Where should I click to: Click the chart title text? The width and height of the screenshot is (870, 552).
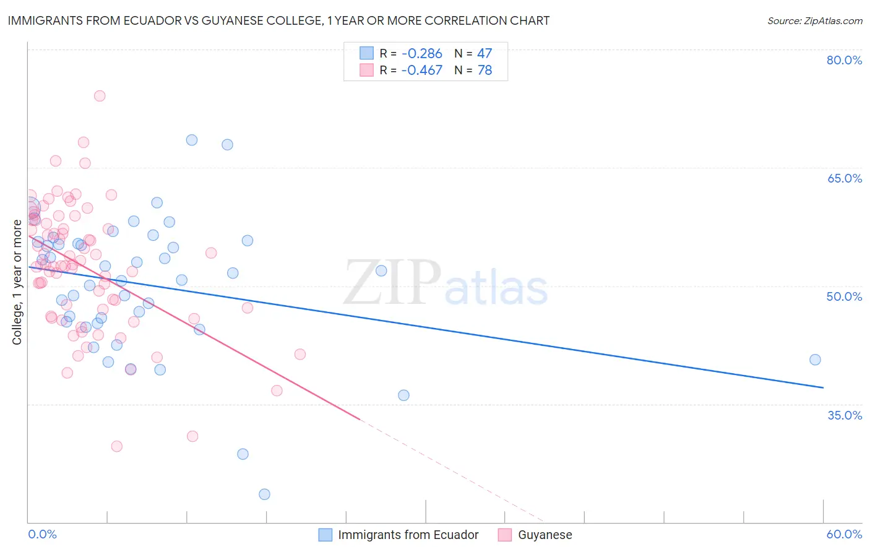(278, 20)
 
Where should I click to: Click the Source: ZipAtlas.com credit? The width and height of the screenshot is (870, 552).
(814, 20)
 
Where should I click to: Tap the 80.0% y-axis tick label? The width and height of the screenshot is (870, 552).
(844, 60)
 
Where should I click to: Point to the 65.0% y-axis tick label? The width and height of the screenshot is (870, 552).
(844, 178)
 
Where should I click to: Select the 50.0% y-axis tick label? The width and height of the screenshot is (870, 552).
(844, 296)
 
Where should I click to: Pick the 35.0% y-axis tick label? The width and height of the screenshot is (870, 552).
(844, 415)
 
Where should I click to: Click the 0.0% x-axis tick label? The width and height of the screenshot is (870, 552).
(42, 534)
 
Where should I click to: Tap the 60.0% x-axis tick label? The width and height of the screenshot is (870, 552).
(844, 534)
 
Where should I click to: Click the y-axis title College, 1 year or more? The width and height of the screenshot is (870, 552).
(17, 282)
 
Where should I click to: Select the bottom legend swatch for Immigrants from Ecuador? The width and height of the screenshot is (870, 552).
(325, 535)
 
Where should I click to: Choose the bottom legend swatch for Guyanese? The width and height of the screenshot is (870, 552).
(505, 535)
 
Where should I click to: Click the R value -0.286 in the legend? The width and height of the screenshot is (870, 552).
(421, 53)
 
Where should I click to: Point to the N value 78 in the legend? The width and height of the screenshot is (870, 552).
(485, 71)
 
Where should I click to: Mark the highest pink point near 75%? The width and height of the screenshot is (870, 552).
(100, 96)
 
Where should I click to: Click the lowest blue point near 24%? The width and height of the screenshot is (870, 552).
(264, 494)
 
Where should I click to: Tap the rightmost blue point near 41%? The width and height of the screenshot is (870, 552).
(815, 360)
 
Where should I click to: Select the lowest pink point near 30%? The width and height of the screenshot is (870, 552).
(116, 446)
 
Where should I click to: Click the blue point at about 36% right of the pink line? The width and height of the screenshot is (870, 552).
(403, 395)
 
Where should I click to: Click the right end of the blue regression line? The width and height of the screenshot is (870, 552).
(823, 387)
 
